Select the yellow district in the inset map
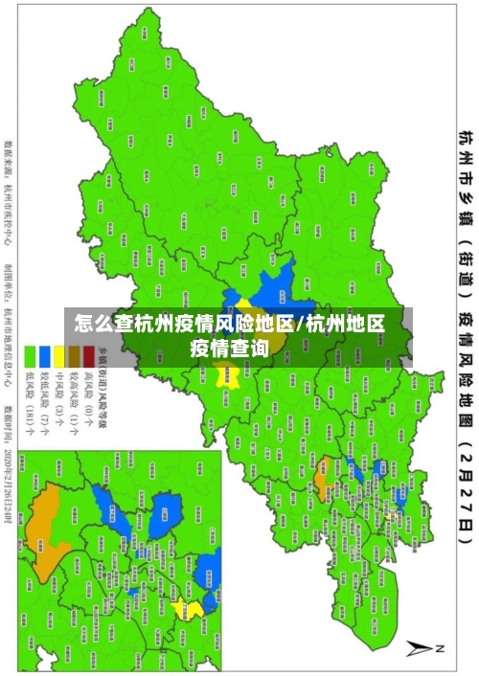click(x=191, y=609)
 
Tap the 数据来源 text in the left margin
click(x=9, y=158)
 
